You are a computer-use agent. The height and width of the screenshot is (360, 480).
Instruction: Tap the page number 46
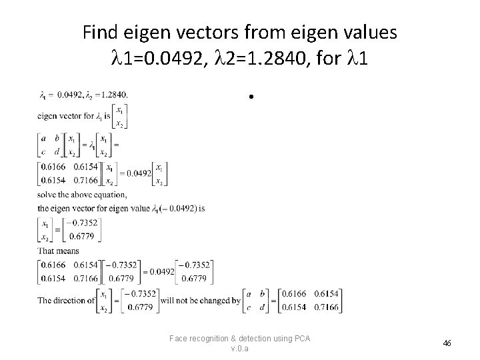click(x=447, y=343)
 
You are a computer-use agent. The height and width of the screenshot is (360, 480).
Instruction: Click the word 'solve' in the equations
click(x=47, y=195)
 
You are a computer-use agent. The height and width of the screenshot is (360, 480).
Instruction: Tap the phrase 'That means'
click(x=58, y=251)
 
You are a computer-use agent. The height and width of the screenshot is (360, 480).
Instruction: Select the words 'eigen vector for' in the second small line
click(x=63, y=115)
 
